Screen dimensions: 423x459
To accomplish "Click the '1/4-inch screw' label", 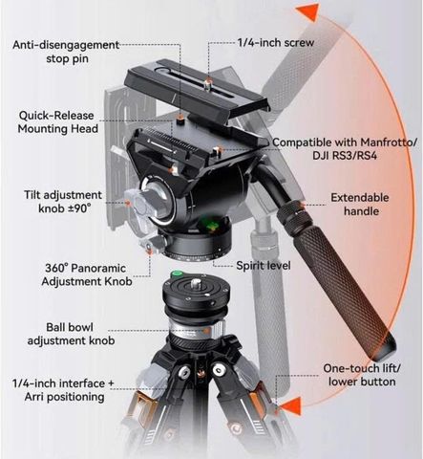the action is pyautogui.click(x=276, y=43).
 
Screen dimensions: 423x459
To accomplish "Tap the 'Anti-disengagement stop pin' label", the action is pyautogui.click(x=66, y=52).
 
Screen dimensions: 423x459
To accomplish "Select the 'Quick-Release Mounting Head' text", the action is pyautogui.click(x=57, y=122).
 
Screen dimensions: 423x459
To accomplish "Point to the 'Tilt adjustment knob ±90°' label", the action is pyautogui.click(x=63, y=202).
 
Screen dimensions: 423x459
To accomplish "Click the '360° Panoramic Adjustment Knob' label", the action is pyautogui.click(x=86, y=274).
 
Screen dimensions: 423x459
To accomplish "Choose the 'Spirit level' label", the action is pyautogui.click(x=264, y=266).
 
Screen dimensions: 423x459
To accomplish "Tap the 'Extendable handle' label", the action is pyautogui.click(x=360, y=205).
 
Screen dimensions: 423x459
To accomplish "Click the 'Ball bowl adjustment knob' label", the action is pyautogui.click(x=71, y=334).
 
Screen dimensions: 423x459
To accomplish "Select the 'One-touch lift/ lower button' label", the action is pyautogui.click(x=362, y=375).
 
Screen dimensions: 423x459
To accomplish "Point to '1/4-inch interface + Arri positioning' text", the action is pyautogui.click(x=63, y=390).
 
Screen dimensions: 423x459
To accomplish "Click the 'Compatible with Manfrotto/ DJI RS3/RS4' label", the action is pyautogui.click(x=345, y=149).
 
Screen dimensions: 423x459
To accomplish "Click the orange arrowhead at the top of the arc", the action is pyautogui.click(x=308, y=12).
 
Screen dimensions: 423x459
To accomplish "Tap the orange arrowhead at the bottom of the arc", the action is pyautogui.click(x=291, y=406).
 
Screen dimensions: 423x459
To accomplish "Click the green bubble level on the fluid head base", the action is pyautogui.click(x=210, y=227).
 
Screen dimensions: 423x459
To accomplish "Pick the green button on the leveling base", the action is pyautogui.click(x=177, y=273).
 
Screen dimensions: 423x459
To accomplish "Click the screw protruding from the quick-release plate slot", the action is pyautogui.click(x=207, y=85).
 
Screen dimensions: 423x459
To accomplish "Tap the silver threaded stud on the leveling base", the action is pyautogui.click(x=195, y=283).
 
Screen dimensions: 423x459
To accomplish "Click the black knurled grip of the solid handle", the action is pyautogui.click(x=346, y=293).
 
